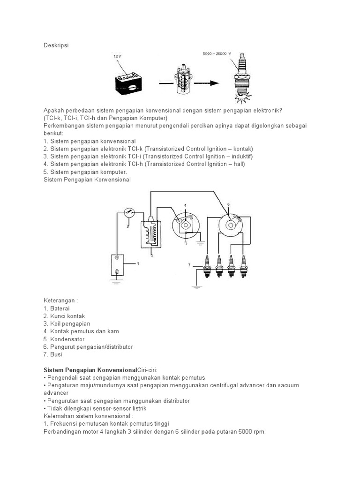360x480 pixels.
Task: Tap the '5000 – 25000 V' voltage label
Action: tap(217, 54)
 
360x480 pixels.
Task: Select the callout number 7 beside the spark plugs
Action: tap(189, 265)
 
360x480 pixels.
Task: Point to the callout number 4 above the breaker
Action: tap(185, 206)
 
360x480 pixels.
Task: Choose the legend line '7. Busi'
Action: tap(52, 354)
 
